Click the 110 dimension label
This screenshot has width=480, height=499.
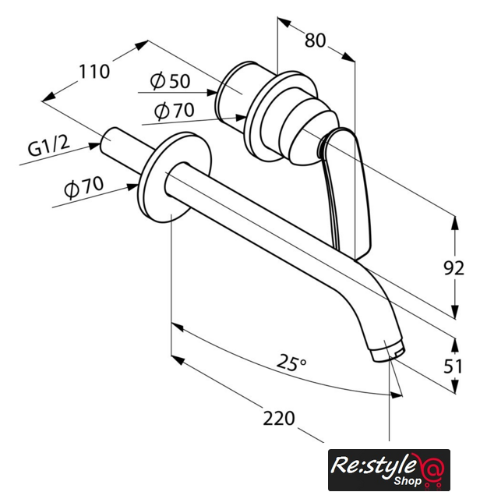pos(94,72)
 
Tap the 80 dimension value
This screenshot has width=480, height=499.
pos(316,41)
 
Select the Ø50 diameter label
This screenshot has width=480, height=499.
pos(170,81)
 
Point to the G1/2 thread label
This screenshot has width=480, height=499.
pos(48,147)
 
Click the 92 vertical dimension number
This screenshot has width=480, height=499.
pos(454,268)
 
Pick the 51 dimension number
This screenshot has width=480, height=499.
pos(454,366)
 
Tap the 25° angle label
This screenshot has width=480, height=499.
pos(291,363)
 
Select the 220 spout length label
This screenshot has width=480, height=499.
pos(279,418)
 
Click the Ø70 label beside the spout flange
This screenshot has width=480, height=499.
pos(84,187)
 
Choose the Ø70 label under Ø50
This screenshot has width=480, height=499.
pos(174,111)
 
